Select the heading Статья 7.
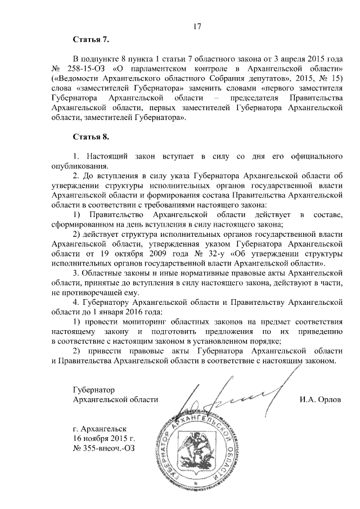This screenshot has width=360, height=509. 91,41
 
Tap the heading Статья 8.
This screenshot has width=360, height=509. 91,137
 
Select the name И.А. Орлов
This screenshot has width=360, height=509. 321,399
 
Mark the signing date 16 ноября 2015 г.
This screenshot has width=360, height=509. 104,438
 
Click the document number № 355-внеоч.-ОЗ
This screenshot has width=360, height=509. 104,448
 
